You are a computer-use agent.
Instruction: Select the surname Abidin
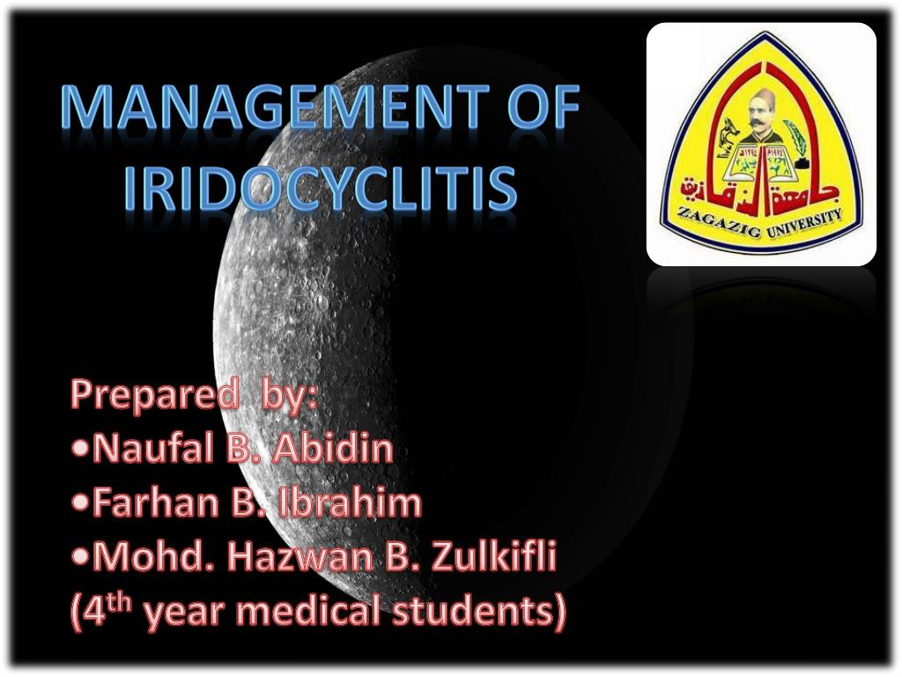pos(332,450)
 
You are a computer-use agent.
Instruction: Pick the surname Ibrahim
pos(351,503)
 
